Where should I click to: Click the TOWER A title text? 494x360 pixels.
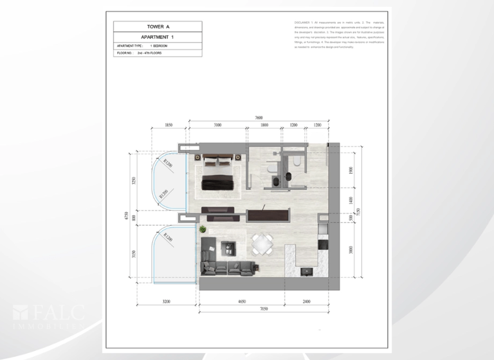(157, 27)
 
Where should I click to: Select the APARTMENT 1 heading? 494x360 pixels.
(157, 38)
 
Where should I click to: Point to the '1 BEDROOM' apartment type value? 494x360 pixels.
(160, 47)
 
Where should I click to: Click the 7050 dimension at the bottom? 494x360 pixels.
(264, 308)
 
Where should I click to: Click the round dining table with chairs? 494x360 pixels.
(262, 243)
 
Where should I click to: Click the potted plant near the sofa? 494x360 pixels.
(202, 229)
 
